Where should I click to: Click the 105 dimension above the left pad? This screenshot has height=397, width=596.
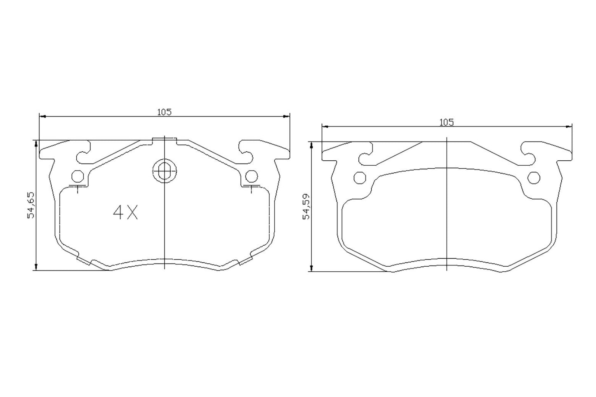pos(164,112)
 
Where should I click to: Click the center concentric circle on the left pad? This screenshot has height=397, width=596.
pos(164,170)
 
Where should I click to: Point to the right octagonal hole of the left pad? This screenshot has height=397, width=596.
pos(251,176)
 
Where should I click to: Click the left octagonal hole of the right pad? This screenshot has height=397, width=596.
pos(360,178)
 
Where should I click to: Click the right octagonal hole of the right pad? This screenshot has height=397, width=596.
pos(534,178)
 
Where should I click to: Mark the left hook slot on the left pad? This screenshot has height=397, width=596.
pos(84,153)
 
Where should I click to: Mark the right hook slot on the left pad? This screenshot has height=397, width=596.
pos(245,153)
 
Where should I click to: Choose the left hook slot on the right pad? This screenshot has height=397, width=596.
pos(366,154)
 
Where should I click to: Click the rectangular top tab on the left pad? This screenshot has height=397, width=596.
pos(164,140)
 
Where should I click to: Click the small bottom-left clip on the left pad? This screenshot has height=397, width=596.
pos(84,261)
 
